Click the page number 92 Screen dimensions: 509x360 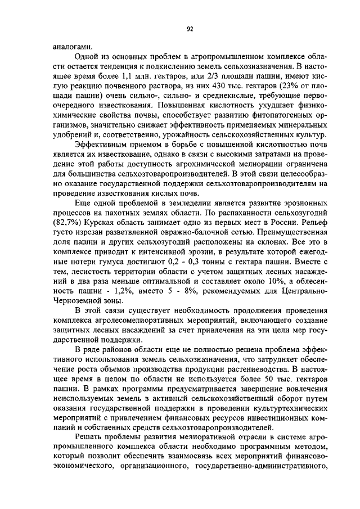[x=190, y=30]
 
